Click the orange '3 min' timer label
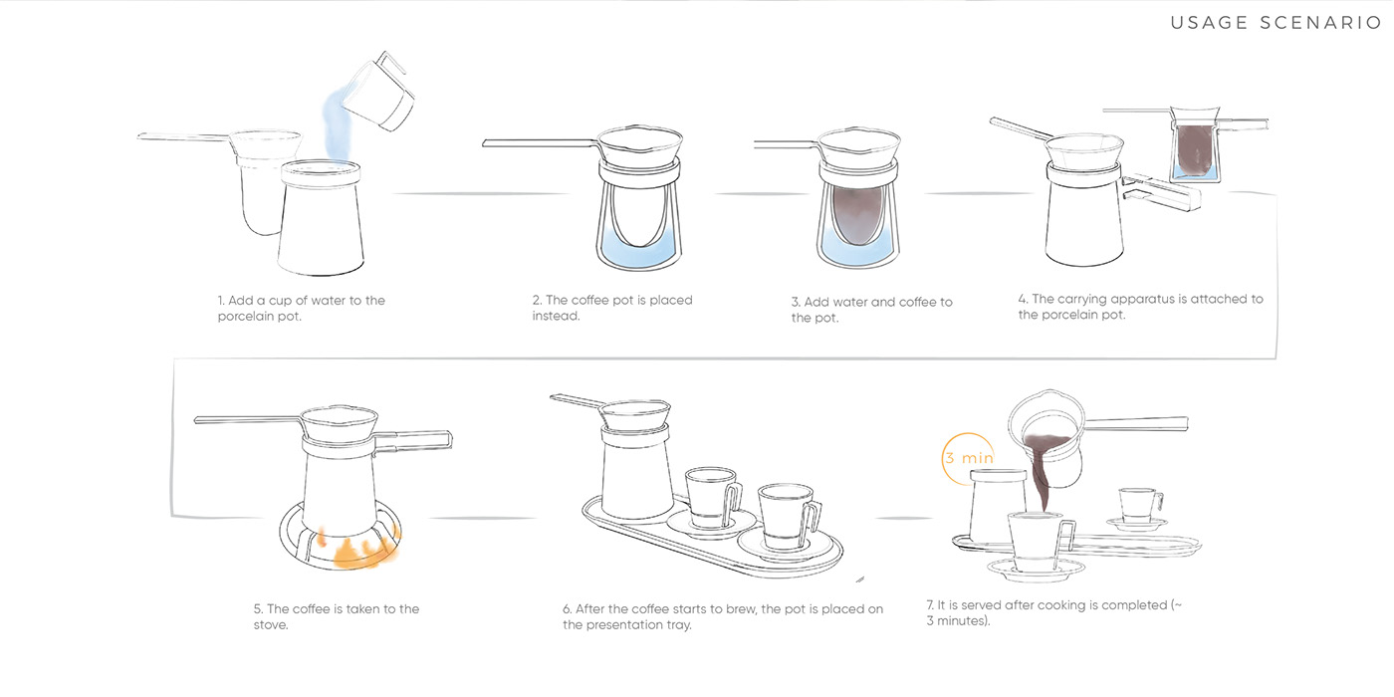(969, 458)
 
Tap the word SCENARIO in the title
(1320, 23)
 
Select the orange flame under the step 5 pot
(359, 547)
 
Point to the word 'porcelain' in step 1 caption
(241, 317)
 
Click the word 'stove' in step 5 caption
(270, 625)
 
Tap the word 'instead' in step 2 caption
(555, 316)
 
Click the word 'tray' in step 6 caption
(678, 625)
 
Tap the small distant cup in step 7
(1140, 506)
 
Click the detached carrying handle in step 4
(1161, 193)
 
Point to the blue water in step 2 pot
(639, 249)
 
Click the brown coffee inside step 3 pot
(858, 215)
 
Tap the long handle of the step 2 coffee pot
(540, 143)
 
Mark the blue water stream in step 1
(337, 127)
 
